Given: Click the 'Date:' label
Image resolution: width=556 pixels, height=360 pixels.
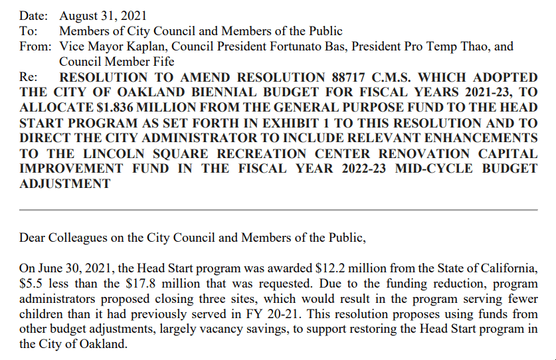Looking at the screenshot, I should (34, 15).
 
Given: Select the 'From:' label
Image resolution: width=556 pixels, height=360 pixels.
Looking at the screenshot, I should (35, 46).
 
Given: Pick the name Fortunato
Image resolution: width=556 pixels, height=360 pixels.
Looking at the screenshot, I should (270, 46).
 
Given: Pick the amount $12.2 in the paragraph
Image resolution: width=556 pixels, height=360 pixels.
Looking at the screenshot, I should (326, 268).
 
